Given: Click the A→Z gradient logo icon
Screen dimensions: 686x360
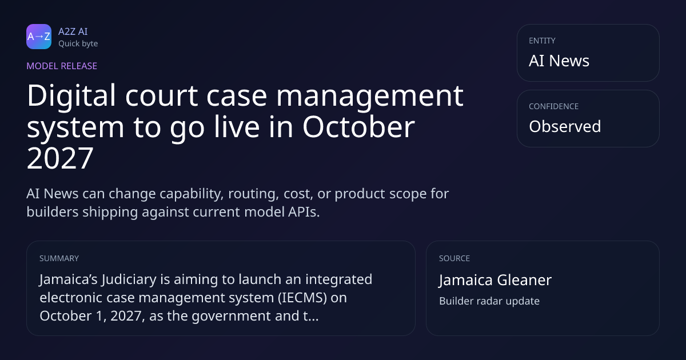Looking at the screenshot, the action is tap(39, 37).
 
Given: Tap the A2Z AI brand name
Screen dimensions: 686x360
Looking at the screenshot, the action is tap(73, 31).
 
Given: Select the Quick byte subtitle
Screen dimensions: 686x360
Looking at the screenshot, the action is tap(78, 44).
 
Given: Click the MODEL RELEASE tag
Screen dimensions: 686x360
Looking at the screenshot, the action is tap(62, 66).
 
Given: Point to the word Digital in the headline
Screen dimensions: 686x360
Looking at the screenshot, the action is tap(71, 97).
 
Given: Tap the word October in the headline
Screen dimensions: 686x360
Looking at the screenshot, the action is tap(358, 127).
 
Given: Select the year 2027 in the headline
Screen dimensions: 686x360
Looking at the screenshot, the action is tap(60, 158).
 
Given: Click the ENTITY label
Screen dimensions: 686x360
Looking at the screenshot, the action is tap(542, 41).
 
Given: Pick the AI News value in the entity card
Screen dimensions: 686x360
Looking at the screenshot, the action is tap(559, 61).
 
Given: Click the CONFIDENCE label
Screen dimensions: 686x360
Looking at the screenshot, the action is tap(554, 106).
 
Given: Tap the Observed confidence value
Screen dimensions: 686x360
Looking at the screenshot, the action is tap(565, 126).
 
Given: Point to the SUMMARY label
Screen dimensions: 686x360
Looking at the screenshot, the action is tap(59, 258).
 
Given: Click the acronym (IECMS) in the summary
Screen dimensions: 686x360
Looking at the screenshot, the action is tap(302, 298).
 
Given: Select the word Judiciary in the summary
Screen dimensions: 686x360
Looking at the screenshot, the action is tap(129, 280).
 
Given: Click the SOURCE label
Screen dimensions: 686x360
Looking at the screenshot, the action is tap(454, 258).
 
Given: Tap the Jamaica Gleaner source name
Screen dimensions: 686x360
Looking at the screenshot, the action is tap(495, 280).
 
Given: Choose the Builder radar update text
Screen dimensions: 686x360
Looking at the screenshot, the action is tap(489, 301).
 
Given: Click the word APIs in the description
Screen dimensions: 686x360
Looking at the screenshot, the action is tap(304, 212).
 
